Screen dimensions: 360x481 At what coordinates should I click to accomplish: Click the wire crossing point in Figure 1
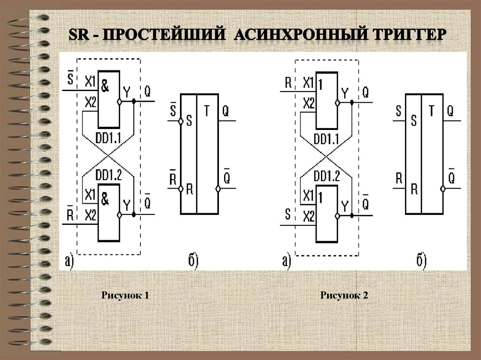(109, 155)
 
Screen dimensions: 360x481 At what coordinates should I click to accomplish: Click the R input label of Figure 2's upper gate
(289, 83)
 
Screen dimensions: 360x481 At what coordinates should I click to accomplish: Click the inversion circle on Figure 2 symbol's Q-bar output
(442, 189)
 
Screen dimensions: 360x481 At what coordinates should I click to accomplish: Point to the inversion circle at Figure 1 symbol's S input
(180, 122)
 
